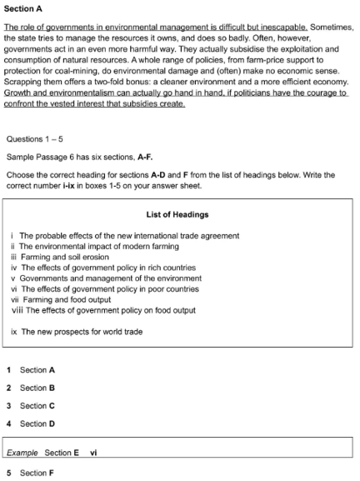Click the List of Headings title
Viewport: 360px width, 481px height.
tap(180, 214)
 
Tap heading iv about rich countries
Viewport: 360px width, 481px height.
tap(103, 268)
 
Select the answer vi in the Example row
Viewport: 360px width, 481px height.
tap(94, 453)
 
